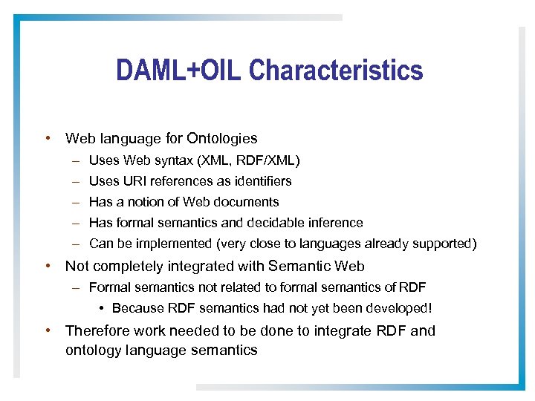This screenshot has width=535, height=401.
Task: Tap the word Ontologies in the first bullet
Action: (x=222, y=138)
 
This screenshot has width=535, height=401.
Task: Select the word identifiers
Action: (x=262, y=181)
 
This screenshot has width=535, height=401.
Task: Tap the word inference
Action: (x=337, y=223)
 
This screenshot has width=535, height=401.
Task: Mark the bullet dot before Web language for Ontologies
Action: (x=48, y=138)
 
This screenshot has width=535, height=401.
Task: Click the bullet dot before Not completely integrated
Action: (x=48, y=266)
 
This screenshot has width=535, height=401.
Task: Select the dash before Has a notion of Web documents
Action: (x=77, y=202)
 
